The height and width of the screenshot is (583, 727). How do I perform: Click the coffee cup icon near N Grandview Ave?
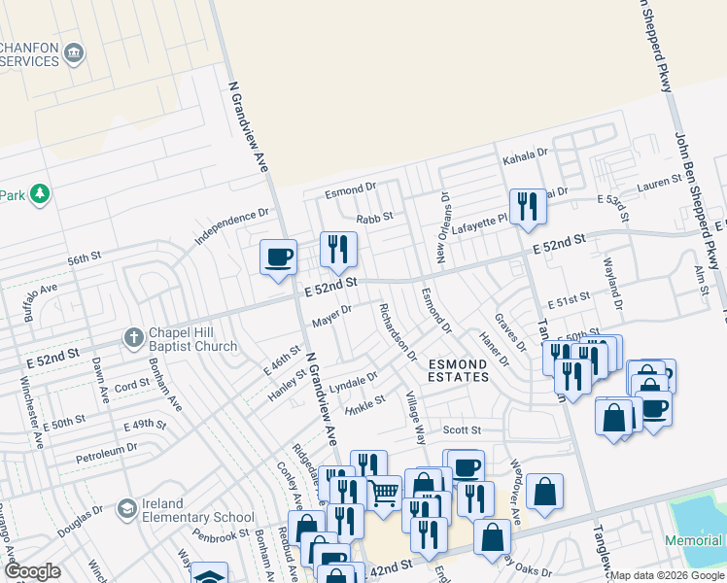[278, 257]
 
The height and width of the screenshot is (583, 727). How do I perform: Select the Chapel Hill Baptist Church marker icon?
[134, 338]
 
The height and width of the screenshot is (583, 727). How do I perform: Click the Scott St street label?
[462, 429]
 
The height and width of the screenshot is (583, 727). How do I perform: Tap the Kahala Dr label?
[525, 154]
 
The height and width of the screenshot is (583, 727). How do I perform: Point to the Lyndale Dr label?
[353, 380]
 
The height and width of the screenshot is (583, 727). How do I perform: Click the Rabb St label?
[374, 220]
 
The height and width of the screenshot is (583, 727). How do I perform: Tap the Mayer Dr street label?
[330, 315]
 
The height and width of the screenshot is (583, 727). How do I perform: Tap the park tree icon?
[40, 195]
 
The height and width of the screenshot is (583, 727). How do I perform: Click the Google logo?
[32, 571]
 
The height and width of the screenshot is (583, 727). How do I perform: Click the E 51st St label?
[569, 305]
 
